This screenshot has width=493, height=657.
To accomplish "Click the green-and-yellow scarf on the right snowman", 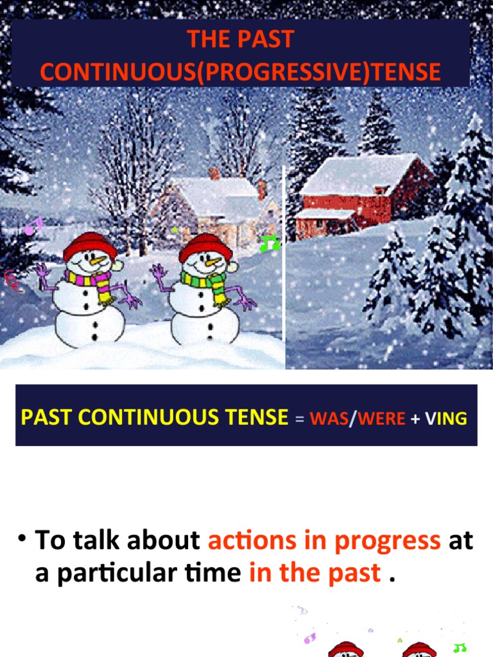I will click(203, 281).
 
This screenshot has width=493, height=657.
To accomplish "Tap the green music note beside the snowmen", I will click(270, 243).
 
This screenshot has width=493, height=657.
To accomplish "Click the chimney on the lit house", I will click(214, 173).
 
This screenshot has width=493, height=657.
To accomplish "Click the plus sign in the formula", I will click(415, 419).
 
